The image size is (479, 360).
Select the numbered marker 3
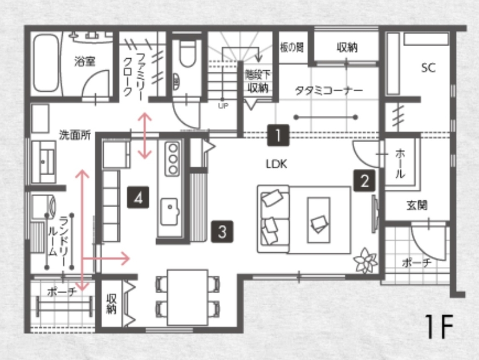[222, 231]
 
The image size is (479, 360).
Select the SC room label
[428, 68]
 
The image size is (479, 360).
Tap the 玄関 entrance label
[417, 204]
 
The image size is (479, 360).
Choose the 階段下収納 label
[257, 81]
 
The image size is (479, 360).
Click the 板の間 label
[292, 47]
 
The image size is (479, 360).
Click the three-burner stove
[172, 159]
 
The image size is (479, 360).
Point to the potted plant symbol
[365, 262]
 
